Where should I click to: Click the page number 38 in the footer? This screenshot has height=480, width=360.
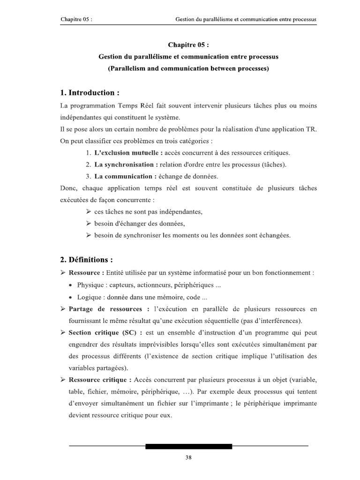188,457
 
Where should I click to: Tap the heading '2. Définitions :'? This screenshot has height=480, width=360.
86,260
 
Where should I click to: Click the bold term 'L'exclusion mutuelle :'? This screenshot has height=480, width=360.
128,153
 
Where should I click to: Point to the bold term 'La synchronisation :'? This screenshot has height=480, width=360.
125,165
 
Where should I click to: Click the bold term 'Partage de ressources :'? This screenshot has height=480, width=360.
109,309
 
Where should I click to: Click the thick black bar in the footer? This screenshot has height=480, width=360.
188,446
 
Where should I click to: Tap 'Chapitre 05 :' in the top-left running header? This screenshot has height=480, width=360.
76,19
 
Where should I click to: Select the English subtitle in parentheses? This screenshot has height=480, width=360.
188,68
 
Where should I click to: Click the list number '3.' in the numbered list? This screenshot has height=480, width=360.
88,176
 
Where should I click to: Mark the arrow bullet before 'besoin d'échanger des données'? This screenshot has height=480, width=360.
89,224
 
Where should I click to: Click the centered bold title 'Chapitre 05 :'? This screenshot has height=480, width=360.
188,45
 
